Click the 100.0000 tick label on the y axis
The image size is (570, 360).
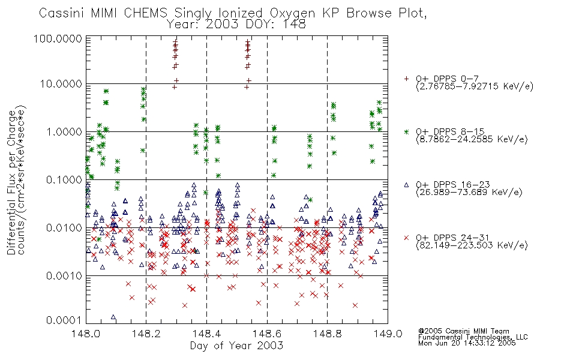click(x=58, y=38)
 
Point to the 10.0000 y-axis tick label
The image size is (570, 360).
click(x=61, y=84)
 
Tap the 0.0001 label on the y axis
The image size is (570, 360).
click(x=64, y=320)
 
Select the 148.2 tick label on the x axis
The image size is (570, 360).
click(x=146, y=334)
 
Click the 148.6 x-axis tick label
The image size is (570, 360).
click(x=267, y=334)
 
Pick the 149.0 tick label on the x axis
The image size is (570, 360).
click(x=388, y=334)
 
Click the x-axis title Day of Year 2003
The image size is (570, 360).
click(x=236, y=346)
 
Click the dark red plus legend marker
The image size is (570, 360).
click(x=406, y=79)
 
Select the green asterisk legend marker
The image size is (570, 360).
click(x=406, y=131)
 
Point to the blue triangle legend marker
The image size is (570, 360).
click(x=406, y=185)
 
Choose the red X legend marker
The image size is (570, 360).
click(x=406, y=238)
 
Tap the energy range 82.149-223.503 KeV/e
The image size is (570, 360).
click(x=472, y=245)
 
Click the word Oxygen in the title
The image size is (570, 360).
click(x=292, y=13)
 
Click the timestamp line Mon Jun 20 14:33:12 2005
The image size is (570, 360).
click(x=467, y=343)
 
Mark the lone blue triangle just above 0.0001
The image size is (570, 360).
click(x=113, y=317)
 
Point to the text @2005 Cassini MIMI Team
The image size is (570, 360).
click(x=463, y=331)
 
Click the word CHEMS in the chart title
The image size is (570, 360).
click(x=145, y=13)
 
